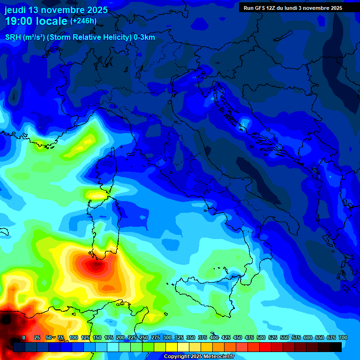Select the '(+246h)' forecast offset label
pyautogui.click(x=83, y=21)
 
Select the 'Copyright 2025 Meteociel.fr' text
pyautogui.click(x=199, y=357)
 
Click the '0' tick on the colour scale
pyautogui.click(x=24, y=337)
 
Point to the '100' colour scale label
pyautogui.click(x=73, y=337)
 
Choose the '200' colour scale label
pyautogui.click(x=120, y=337)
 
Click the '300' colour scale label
pyautogui.click(x=167, y=337)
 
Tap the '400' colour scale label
pyautogui.click(x=214, y=337)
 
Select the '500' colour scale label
pyautogui.click(x=261, y=337)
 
